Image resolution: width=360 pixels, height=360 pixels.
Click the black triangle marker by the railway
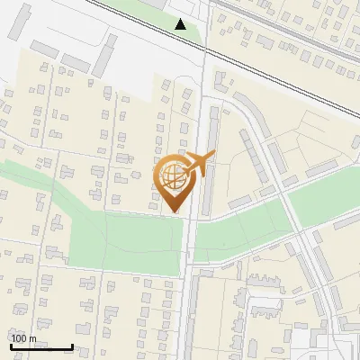(181, 24)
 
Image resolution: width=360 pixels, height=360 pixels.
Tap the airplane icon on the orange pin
(199, 164)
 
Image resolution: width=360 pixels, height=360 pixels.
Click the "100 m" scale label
(23, 338)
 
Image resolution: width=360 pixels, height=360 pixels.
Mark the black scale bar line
(41, 347)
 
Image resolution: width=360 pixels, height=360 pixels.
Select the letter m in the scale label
(33, 339)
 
